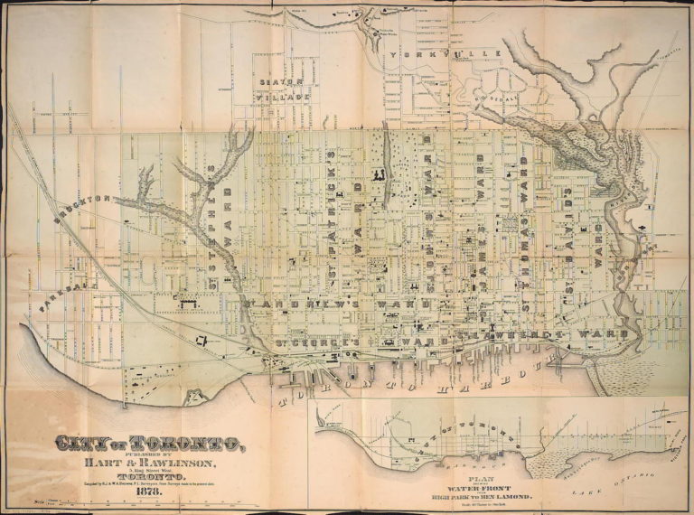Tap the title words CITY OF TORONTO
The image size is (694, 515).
pos(150,444)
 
